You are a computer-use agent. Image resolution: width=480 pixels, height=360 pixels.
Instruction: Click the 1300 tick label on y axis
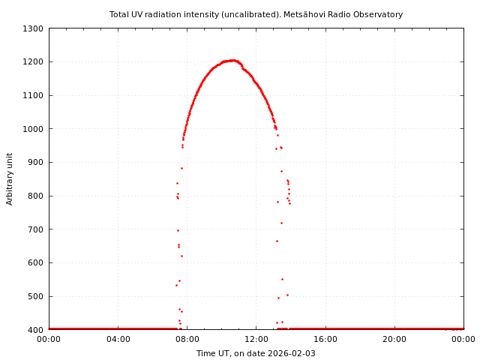coord(34,28)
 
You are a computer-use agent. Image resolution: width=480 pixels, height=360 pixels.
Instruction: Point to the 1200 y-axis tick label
coord(34,62)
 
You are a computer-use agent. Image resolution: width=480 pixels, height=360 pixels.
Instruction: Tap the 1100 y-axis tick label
coord(34,95)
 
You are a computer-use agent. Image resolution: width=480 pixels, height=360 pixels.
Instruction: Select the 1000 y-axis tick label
coord(34,129)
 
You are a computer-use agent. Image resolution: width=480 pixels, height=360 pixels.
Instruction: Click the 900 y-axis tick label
coord(36,163)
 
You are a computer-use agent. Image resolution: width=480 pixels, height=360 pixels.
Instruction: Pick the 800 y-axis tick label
coord(36,196)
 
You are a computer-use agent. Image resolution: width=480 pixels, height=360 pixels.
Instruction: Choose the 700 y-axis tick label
coord(36,229)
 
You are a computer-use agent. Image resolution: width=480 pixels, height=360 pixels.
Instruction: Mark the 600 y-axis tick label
coord(36,262)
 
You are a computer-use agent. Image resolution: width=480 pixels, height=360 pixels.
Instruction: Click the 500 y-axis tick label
coord(36,296)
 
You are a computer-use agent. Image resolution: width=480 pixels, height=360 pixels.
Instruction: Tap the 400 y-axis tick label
coord(36,330)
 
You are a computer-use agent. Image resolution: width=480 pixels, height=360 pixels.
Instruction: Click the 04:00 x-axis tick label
coord(118,339)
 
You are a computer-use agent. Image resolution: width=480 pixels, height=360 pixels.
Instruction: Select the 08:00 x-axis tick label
coord(187,339)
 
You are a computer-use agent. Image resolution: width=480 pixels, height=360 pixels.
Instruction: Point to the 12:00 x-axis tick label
coord(256,339)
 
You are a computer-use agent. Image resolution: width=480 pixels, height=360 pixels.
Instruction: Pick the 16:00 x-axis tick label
coord(325,339)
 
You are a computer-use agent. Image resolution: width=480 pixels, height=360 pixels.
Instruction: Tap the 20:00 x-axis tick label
coord(394,339)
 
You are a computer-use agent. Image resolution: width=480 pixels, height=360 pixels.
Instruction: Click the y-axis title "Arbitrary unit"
coord(10,178)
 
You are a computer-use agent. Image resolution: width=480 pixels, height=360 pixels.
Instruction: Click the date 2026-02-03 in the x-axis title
coord(290,353)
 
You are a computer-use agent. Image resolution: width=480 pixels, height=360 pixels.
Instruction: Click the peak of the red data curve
coord(232,60)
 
